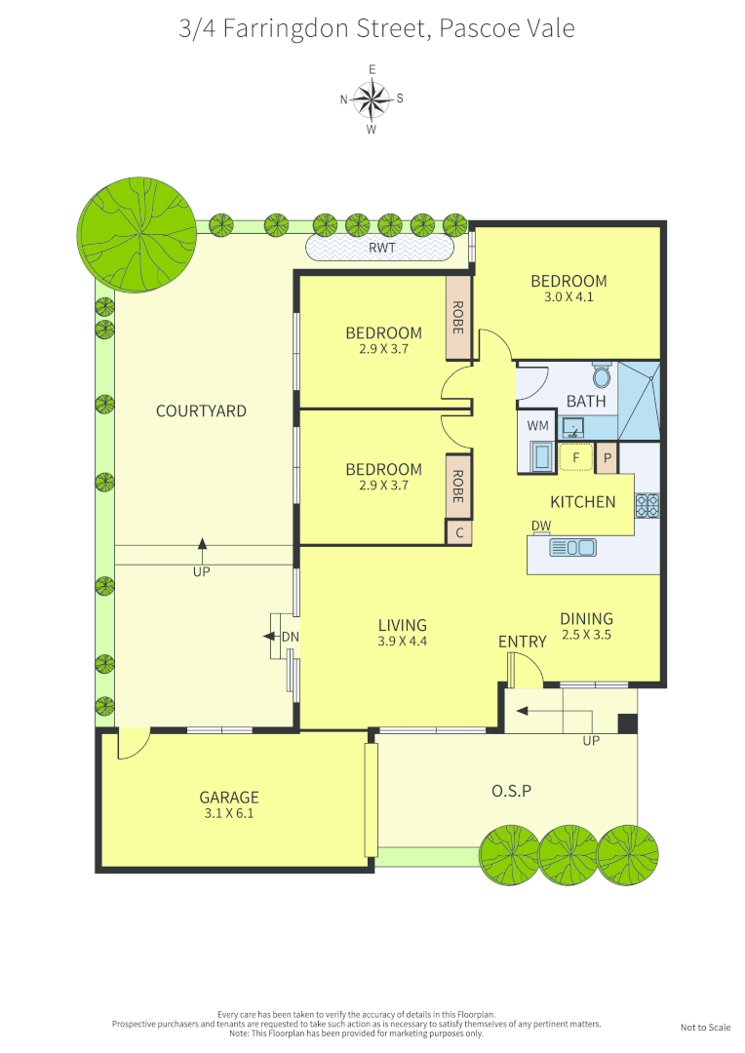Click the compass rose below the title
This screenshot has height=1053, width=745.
pos(372,98)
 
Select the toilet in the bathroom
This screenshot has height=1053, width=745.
pos(602,375)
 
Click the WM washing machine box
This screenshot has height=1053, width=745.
pos(537,426)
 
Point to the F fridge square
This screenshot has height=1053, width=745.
pos(575,456)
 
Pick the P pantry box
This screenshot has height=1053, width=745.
pos(607,457)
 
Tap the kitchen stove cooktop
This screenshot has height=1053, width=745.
pos(647,505)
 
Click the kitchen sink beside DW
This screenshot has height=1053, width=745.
pos(573,548)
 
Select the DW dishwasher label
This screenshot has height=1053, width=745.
pos(540,526)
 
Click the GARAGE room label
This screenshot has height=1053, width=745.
pos(229,797)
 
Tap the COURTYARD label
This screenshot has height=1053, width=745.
pos(201,411)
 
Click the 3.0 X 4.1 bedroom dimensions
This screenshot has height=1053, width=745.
pos(569,298)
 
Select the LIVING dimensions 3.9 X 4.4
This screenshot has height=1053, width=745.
pos(403,642)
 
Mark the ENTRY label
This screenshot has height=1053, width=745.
pos(522,641)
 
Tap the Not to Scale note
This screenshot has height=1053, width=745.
pos(705,1028)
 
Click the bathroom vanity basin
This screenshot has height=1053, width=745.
pos(573,427)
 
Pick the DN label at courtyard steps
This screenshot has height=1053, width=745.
pos(290,638)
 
